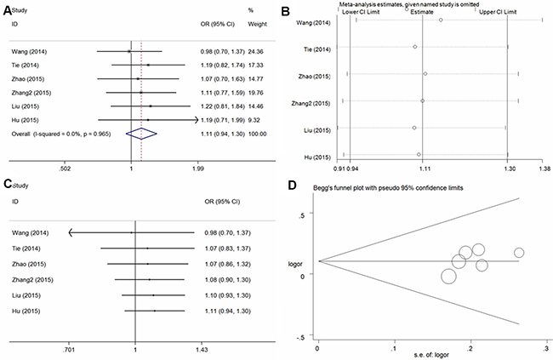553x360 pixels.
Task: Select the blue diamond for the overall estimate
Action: tap(142, 133)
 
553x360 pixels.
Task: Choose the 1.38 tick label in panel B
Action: tap(542, 169)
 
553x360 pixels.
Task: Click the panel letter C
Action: tap(7, 184)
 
